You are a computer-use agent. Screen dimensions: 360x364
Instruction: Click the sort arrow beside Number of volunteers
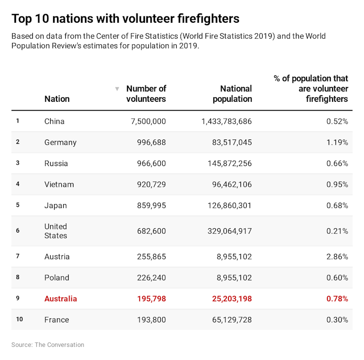[117, 89]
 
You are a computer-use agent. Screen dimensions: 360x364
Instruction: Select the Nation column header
[57, 99]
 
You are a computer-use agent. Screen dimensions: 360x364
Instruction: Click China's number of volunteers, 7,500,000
[148, 121]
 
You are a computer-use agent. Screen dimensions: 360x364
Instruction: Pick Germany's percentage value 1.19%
[337, 142]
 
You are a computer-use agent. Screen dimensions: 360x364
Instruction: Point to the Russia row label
[56, 163]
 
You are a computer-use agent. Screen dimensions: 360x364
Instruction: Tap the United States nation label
[56, 231]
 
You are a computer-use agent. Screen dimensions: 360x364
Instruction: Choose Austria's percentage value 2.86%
[337, 257]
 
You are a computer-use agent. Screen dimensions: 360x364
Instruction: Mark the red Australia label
[60, 299]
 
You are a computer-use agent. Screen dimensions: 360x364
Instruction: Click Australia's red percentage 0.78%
[337, 299]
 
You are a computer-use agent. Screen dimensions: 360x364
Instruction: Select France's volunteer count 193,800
[151, 319]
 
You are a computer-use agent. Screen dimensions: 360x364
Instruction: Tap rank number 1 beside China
[17, 121]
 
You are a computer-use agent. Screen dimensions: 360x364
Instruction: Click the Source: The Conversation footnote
[48, 345]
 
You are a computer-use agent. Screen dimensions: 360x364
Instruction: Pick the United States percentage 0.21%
[337, 231]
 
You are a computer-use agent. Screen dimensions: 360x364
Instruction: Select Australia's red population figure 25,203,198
[232, 299]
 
